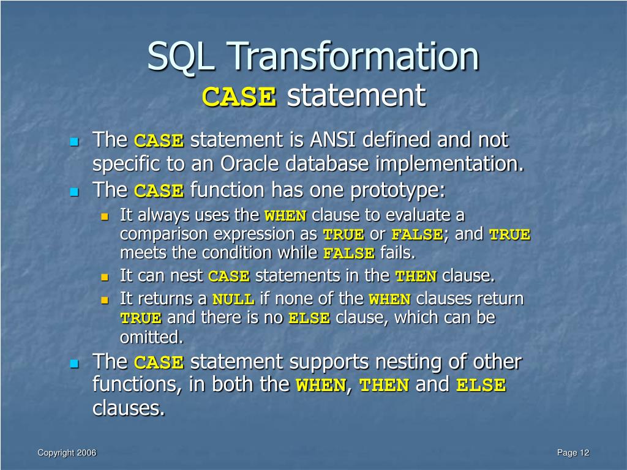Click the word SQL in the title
tap(184, 56)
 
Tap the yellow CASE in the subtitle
tap(239, 96)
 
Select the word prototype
tap(397, 190)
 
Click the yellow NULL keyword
tap(233, 300)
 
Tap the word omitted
tap(151, 337)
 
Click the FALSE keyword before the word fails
tap(348, 253)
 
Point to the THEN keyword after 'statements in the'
tap(416, 277)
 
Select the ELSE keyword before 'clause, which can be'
tap(309, 319)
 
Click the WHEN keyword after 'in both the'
tap(320, 386)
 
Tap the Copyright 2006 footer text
tap(67, 453)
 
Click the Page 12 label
tap(573, 453)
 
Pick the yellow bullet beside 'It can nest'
tap(104, 277)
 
